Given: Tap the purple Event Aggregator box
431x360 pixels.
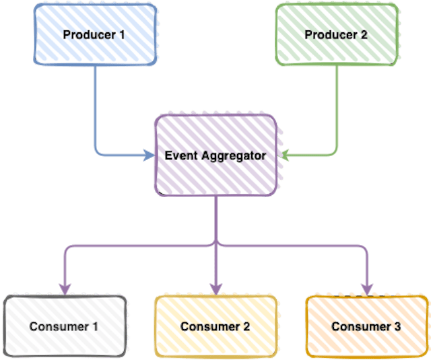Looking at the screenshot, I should click(215, 155).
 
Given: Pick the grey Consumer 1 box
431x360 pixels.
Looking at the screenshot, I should click(64, 326).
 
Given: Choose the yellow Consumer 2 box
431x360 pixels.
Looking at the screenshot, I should click(215, 326).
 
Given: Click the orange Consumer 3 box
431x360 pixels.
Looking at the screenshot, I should click(366, 326).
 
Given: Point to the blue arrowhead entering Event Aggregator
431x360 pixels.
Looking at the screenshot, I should click(150, 156).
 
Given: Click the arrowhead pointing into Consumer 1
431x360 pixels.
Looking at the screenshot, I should click(65, 290).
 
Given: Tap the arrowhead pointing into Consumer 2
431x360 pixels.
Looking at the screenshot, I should click(215, 290).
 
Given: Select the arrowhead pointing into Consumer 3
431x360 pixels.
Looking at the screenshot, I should click(366, 290).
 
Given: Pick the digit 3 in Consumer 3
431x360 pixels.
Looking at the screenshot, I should click(397, 327).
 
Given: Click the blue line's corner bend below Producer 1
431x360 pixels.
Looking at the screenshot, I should click(96, 155).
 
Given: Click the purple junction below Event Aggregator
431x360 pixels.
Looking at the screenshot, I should click(215, 244).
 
